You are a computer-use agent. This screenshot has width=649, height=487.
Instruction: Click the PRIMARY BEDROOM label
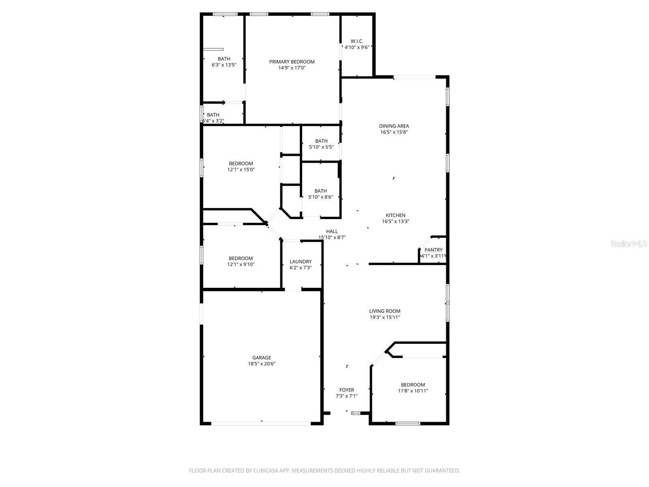click(x=292, y=62)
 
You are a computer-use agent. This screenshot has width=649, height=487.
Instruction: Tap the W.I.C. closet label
click(x=357, y=41)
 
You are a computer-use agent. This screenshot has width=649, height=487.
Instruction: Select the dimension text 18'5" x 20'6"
click(x=262, y=364)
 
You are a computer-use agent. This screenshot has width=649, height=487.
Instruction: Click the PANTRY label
click(x=433, y=250)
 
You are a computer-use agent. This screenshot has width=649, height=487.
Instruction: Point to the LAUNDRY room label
click(x=301, y=262)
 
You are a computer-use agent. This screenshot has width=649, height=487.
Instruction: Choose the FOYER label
click(x=346, y=390)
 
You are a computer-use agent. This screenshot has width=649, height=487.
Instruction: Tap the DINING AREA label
click(x=394, y=126)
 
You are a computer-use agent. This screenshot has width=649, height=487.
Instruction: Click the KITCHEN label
click(x=395, y=215)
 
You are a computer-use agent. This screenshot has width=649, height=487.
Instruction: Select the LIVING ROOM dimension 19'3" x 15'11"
click(x=385, y=317)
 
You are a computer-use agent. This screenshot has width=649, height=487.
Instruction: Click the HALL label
click(x=332, y=232)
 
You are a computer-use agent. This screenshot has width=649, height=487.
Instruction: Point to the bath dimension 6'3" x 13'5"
click(x=224, y=65)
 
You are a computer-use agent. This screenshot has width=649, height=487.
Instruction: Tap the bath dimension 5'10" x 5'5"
click(x=321, y=147)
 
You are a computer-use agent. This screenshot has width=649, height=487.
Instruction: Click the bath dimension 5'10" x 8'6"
click(x=320, y=197)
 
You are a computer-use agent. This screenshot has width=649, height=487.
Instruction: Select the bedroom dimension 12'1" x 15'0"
click(x=241, y=170)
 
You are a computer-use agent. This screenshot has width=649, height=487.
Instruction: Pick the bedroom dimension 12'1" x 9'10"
click(x=241, y=265)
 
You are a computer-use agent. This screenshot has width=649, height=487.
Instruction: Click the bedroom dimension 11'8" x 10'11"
click(x=413, y=391)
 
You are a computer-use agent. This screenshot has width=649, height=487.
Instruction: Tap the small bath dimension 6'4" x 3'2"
click(x=213, y=121)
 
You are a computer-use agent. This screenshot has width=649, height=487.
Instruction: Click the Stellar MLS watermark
click(x=629, y=244)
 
